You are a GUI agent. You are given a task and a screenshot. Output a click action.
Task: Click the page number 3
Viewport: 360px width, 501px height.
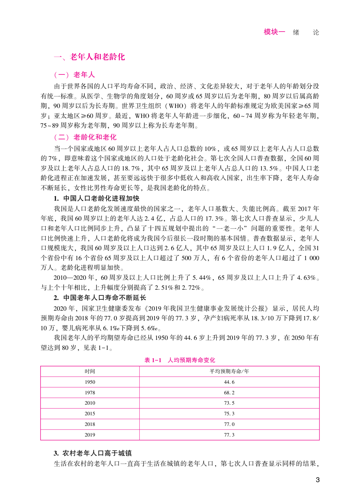click(317, 479)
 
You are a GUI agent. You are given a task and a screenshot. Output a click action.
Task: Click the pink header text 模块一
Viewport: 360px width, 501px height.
click(274, 32)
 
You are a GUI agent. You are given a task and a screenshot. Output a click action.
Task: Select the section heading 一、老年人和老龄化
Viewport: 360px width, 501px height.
click(89, 57)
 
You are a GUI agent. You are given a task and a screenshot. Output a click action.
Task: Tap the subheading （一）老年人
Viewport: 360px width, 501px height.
click(74, 75)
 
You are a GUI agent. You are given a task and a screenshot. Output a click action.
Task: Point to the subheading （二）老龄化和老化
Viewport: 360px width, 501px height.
click(85, 137)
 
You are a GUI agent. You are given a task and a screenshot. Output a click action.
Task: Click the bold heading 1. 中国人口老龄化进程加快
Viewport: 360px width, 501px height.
click(96, 198)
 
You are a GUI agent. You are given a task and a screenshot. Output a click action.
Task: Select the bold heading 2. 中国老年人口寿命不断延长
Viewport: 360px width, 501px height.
click(100, 298)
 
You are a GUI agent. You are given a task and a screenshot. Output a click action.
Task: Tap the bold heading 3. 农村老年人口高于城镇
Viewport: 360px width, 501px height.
click(93, 453)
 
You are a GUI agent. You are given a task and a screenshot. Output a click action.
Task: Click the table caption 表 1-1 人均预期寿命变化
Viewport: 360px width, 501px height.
click(180, 360)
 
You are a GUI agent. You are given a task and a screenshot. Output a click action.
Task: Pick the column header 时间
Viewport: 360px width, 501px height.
click(90, 371)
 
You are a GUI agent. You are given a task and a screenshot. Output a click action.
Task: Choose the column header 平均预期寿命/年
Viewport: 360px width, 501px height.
click(229, 371)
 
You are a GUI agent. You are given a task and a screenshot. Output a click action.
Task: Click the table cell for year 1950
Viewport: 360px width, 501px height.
click(90, 382)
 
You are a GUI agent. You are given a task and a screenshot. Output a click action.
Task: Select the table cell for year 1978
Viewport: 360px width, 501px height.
click(90, 393)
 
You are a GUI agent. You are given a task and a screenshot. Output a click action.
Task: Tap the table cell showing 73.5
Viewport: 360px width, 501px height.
click(229, 403)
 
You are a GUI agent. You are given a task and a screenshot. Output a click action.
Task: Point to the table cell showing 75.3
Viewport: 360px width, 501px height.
click(229, 414)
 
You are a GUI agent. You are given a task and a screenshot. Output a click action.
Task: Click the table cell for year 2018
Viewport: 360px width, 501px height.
click(90, 424)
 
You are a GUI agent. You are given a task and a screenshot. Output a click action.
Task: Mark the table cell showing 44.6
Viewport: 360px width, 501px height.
click(229, 382)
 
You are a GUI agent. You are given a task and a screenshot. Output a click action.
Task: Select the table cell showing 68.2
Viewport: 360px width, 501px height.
click(229, 393)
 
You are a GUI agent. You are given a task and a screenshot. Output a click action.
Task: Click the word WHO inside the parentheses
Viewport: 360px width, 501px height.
click(176, 106)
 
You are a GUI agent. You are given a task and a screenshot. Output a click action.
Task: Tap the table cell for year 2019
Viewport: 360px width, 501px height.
click(90, 435)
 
